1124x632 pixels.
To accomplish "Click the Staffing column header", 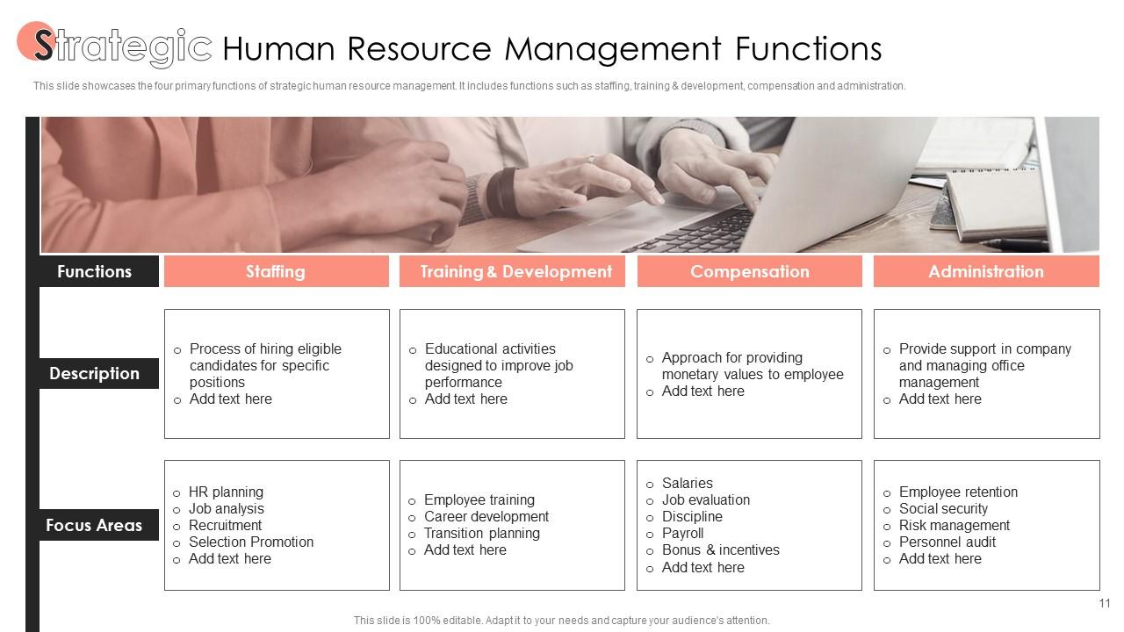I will pos(276,271).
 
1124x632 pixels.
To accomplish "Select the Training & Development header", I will pos(515,271).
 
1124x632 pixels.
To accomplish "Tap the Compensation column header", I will pos(749,271).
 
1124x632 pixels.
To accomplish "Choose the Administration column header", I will pos(985,271).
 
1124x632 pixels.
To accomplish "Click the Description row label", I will pos(94,373).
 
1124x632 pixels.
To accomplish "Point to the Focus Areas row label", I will pos(94,525).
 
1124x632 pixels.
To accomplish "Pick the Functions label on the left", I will pos(94,271).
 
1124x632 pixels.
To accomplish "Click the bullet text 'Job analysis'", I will pos(226,508).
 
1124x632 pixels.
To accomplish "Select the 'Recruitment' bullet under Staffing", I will pos(225,525).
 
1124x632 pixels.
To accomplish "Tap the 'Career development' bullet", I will pos(486,516).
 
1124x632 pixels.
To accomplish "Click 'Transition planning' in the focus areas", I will pos(481,533).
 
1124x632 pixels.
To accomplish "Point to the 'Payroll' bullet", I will pos(682,533).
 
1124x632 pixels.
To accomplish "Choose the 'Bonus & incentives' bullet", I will pos(720,549).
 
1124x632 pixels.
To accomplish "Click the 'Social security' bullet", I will pos(943,508).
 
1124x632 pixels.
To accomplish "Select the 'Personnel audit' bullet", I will pos(947,542).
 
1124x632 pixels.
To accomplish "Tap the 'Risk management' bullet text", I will pos(954,525).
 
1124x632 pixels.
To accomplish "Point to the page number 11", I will pos(1105,603).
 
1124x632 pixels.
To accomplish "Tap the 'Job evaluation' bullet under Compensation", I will pos(705,499).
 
